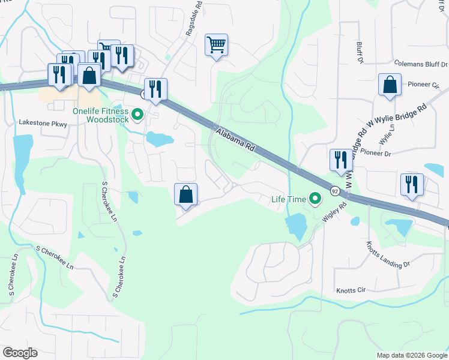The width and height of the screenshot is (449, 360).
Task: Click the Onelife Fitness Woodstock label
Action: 100,115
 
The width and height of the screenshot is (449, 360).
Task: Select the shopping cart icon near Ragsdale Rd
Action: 216,45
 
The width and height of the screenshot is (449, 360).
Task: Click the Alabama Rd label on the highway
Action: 235,139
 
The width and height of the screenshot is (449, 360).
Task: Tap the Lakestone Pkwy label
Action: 43,123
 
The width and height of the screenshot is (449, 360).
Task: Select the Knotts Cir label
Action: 351,289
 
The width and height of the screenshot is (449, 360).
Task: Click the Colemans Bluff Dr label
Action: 420,63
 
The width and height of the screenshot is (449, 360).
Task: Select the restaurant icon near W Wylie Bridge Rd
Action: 341,160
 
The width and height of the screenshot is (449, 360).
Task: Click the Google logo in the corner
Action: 19,353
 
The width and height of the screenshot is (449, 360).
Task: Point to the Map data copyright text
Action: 412,355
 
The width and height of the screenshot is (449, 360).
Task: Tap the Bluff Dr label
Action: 360,52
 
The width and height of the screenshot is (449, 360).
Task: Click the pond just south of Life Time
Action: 295,226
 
